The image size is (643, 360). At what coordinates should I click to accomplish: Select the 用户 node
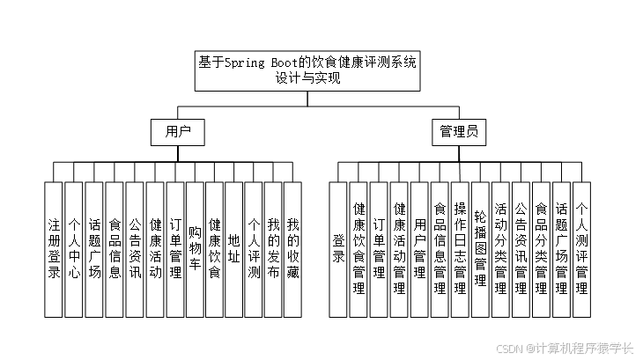(178, 133)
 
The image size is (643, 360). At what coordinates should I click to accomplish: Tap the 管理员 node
(459, 133)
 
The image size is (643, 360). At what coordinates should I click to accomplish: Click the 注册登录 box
(54, 249)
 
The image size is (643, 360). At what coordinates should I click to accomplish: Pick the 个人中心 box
(74, 249)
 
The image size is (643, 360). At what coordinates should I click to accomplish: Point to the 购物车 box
(195, 249)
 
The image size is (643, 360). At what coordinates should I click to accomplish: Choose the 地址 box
(234, 249)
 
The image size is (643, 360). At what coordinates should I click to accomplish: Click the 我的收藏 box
(293, 249)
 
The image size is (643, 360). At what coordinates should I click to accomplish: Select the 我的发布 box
(273, 249)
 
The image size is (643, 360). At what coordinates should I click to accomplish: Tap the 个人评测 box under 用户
(254, 249)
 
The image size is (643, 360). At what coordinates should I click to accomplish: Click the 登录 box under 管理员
(338, 249)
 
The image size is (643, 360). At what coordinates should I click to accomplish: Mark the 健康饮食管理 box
(358, 249)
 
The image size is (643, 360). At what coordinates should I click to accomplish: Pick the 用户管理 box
(419, 249)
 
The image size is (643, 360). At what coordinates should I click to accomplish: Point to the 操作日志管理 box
(460, 249)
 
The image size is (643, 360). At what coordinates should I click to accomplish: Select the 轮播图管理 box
(480, 249)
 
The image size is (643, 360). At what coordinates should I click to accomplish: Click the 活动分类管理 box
(500, 249)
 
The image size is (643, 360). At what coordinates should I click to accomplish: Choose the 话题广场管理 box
(561, 249)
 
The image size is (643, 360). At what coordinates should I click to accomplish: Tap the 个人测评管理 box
(581, 249)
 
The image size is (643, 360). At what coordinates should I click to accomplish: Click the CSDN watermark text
(565, 348)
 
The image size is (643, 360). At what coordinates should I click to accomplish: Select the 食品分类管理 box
(541, 249)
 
